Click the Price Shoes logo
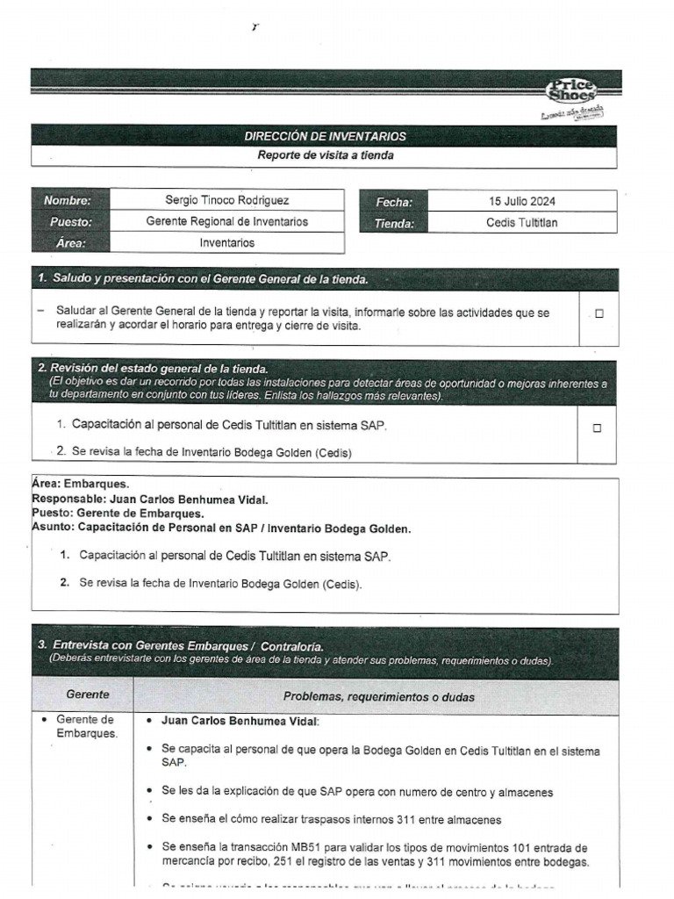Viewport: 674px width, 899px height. pyautogui.click(x=572, y=90)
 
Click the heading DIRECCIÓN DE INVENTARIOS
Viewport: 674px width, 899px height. pyautogui.click(x=325, y=136)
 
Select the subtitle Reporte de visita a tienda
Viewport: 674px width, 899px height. pyautogui.click(x=325, y=155)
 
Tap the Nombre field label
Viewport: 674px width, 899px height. pyautogui.click(x=68, y=201)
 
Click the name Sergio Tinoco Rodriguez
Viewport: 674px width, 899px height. pyautogui.click(x=226, y=201)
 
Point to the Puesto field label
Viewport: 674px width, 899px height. pyautogui.click(x=70, y=222)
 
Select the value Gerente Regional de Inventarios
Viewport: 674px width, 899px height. pyautogui.click(x=226, y=222)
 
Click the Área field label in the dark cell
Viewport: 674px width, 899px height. pyautogui.click(x=70, y=243)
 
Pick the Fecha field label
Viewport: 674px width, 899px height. pyautogui.click(x=394, y=202)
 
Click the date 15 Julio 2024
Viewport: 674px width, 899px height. pyautogui.click(x=521, y=202)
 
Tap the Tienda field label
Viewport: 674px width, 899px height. pyautogui.click(x=393, y=223)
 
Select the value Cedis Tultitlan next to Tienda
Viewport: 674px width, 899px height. pyautogui.click(x=521, y=223)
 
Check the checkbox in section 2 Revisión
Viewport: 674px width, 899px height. pyautogui.click(x=597, y=428)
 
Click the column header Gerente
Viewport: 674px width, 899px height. pyautogui.click(x=88, y=694)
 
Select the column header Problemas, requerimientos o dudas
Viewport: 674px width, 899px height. pyautogui.click(x=378, y=697)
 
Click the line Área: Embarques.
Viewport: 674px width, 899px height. pyautogui.click(x=80, y=484)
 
